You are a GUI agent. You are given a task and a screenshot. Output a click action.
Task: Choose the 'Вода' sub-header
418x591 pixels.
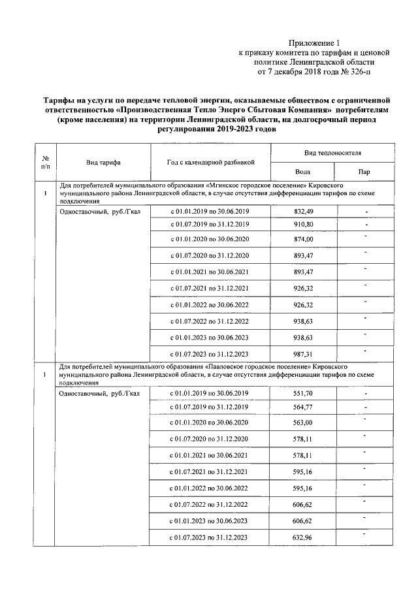click(302, 172)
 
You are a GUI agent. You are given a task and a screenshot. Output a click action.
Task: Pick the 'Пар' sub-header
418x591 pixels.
click(364, 172)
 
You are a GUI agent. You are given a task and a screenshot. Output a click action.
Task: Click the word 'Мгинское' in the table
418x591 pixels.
click(225, 185)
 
